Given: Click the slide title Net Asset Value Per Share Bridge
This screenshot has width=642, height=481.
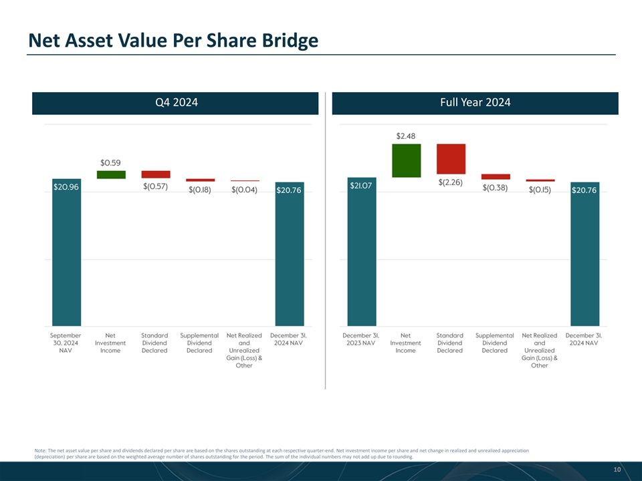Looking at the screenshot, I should click(x=173, y=41).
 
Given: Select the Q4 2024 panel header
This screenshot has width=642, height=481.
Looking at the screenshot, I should click(x=175, y=103).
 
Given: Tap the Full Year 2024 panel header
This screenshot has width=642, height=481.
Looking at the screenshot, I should click(x=475, y=103).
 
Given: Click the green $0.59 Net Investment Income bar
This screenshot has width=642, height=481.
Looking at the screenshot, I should click(x=111, y=174).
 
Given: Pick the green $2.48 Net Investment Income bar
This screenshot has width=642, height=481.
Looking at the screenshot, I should click(x=407, y=160).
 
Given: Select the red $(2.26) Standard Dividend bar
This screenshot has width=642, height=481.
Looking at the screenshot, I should click(x=451, y=158).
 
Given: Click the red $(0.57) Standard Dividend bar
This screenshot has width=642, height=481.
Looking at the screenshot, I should click(x=155, y=174).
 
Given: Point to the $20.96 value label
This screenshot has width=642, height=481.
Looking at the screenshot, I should click(x=66, y=188).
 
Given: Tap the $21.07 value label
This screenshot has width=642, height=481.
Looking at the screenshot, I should click(x=362, y=185).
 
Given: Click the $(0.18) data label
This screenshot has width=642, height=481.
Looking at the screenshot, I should click(x=200, y=190).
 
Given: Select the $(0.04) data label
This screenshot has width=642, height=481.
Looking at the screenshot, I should click(x=244, y=190).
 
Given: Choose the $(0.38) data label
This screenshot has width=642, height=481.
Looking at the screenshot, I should click(x=495, y=188).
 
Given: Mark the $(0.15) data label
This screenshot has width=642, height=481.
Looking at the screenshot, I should click(x=540, y=190).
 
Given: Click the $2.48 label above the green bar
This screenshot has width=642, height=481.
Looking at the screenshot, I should click(x=407, y=136).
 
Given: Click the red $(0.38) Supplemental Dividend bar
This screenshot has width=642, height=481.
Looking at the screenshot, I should click(x=496, y=176).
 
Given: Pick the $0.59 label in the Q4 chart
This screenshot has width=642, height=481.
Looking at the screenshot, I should click(x=111, y=162).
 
